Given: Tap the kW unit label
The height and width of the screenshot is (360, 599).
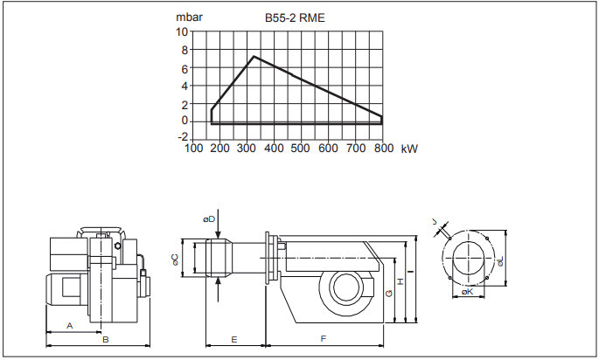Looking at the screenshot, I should [408, 149].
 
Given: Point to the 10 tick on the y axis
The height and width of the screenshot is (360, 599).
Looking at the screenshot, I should [182, 31].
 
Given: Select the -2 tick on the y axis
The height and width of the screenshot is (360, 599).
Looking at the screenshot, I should [182, 137].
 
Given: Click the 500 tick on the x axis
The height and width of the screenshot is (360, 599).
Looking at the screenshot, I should [301, 149].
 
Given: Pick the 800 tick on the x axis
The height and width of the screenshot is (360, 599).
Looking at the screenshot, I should [382, 149].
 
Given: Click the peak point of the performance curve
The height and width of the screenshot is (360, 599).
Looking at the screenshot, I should [254, 57].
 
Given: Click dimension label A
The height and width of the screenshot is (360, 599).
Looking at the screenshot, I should [69, 325].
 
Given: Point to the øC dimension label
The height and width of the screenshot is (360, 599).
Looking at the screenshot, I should [175, 259].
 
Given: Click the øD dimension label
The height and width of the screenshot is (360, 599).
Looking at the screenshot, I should [208, 218].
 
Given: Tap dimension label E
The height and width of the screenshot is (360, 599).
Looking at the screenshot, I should [233, 337].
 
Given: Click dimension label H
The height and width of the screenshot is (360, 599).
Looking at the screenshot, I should [399, 281].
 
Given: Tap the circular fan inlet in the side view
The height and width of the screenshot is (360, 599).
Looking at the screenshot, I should [342, 290].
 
